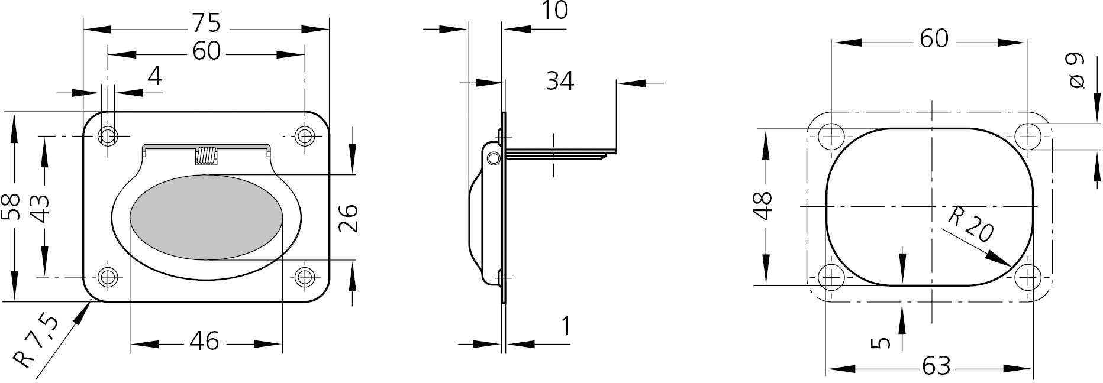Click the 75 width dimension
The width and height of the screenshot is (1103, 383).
click(206, 24)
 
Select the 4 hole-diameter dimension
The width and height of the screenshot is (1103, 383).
click(154, 76)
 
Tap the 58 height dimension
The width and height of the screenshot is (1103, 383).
click(12, 206)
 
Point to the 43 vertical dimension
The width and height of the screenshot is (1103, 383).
click(40, 207)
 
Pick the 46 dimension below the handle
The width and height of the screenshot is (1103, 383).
click(205, 341)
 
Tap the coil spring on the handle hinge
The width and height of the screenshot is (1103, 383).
click(205, 155)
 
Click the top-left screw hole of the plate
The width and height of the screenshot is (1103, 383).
click(108, 137)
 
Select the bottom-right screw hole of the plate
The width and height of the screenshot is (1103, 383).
click(304, 277)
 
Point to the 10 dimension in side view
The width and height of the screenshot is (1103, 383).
click(554, 11)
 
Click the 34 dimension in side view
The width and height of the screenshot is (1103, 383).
click(559, 81)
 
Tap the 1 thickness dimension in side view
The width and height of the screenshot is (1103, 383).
click(566, 326)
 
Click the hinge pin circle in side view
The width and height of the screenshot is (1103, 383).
click(493, 158)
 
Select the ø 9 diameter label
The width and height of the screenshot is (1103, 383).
click(1077, 71)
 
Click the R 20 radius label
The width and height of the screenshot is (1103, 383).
click(970, 225)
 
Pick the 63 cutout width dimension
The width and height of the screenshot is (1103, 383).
click(936, 366)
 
